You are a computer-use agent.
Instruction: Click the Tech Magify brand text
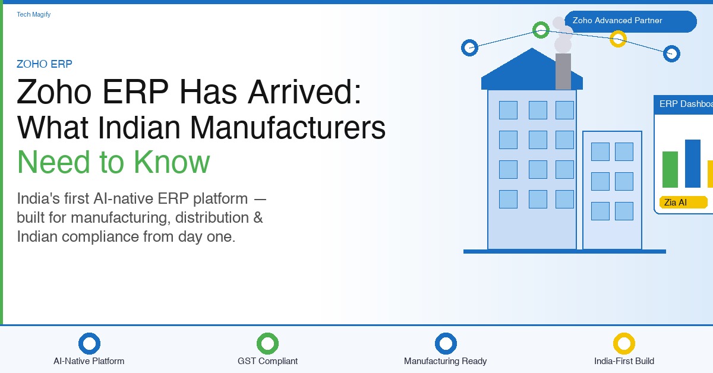(33, 14)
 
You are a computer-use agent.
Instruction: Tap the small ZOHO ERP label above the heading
(44, 64)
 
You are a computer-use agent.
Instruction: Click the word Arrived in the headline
(305, 91)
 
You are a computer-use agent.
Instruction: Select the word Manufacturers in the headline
(288, 128)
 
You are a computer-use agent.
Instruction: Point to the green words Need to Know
(113, 162)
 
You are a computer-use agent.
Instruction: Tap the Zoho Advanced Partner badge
(630, 21)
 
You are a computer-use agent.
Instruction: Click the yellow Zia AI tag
(683, 203)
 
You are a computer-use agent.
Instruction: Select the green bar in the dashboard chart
(670, 169)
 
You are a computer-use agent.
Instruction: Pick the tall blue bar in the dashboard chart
(693, 163)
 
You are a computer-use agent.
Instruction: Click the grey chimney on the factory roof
(563, 71)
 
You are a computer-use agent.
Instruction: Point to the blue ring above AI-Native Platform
(90, 334)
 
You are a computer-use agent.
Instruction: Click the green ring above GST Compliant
(268, 334)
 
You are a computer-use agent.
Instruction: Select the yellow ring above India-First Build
(624, 334)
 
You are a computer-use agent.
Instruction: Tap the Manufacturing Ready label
(445, 361)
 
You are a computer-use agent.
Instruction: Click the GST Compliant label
(268, 361)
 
